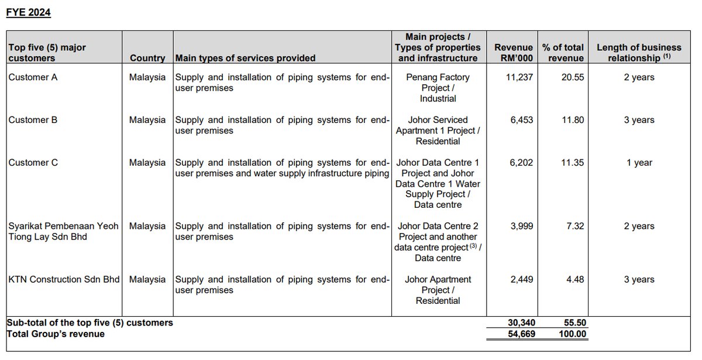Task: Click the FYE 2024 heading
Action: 29,13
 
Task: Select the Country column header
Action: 147,58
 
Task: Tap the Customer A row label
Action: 33,77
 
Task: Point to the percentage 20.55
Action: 572,77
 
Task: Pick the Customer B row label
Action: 33,120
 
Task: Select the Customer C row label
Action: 33,163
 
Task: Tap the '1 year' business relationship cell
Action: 639,163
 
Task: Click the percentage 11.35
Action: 572,163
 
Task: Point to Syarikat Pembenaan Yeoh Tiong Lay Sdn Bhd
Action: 64,231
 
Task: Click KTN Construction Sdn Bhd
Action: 64,280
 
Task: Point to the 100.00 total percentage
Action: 569,334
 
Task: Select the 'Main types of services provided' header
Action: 245,58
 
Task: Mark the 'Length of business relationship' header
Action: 639,52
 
